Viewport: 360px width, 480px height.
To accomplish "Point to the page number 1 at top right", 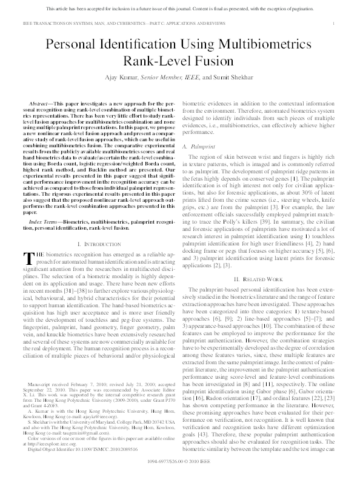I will pyautogui.click(x=335, y=22).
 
